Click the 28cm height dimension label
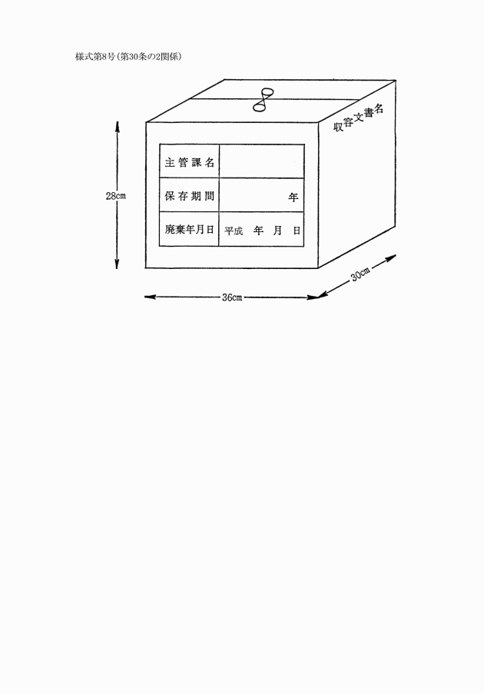click(x=116, y=196)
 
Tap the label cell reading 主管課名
click(x=189, y=162)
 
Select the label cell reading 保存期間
click(x=189, y=196)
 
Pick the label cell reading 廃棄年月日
click(x=189, y=230)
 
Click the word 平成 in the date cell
click(x=234, y=231)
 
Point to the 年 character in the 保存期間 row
click(x=293, y=197)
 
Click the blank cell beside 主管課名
click(x=261, y=161)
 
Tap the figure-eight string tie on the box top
click(x=264, y=101)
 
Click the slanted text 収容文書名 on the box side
click(x=358, y=119)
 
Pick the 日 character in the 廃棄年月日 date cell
click(x=295, y=231)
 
